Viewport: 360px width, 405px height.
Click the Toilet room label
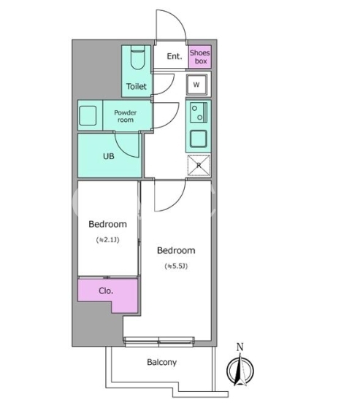click(x=137, y=86)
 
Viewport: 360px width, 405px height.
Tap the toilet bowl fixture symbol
click(x=137, y=58)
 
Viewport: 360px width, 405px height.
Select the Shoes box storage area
click(x=200, y=57)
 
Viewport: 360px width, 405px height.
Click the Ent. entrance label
click(x=175, y=56)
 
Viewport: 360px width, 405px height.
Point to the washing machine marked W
click(x=196, y=85)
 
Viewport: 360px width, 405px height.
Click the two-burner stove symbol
click(x=199, y=112)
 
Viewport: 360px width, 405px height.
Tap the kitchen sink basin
click(x=199, y=139)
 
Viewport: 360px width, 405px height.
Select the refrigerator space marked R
click(x=199, y=166)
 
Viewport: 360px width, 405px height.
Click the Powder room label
click(x=126, y=116)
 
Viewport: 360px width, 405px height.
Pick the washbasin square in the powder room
click(x=88, y=115)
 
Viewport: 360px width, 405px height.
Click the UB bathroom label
click(x=109, y=156)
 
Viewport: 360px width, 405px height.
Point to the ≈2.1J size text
click(x=108, y=240)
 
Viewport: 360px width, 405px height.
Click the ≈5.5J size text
click(x=176, y=266)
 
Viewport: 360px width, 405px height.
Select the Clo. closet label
click(x=106, y=291)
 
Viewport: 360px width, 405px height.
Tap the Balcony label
click(x=162, y=363)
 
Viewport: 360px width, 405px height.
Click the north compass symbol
click(x=240, y=370)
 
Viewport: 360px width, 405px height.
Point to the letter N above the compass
click(x=240, y=347)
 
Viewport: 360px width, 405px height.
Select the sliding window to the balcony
click(x=159, y=342)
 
